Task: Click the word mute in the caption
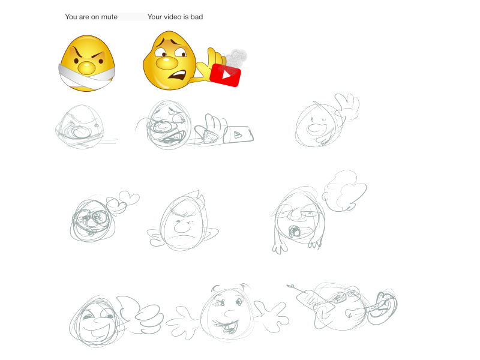tap(109, 17)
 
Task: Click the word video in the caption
tap(173, 17)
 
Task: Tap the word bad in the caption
tap(197, 17)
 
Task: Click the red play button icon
tap(226, 74)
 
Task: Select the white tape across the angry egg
tap(87, 77)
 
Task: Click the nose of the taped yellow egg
tap(86, 68)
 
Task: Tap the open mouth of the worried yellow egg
tap(177, 77)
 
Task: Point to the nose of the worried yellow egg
tap(167, 63)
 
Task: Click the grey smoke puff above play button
tap(236, 57)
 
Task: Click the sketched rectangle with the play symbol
tap(238, 134)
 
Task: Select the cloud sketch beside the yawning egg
tap(344, 191)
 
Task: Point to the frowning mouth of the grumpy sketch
tap(182, 238)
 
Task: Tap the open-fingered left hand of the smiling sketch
tap(183, 322)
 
